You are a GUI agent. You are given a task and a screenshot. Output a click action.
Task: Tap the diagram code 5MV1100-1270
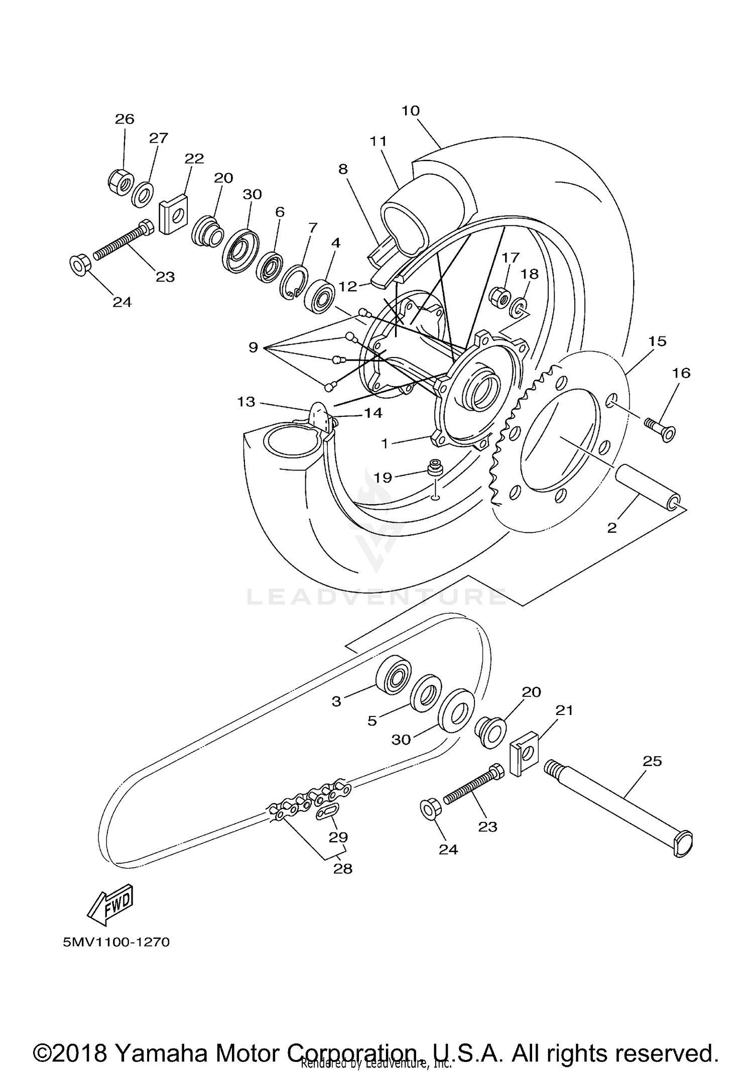[x=116, y=942]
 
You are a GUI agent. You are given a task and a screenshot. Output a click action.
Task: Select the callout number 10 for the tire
[x=410, y=111]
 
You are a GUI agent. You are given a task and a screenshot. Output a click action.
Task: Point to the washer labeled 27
[x=143, y=195]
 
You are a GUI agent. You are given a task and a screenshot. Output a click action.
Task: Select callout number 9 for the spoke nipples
[x=253, y=347]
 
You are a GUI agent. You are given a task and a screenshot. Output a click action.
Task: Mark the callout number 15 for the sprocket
[x=657, y=341]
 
